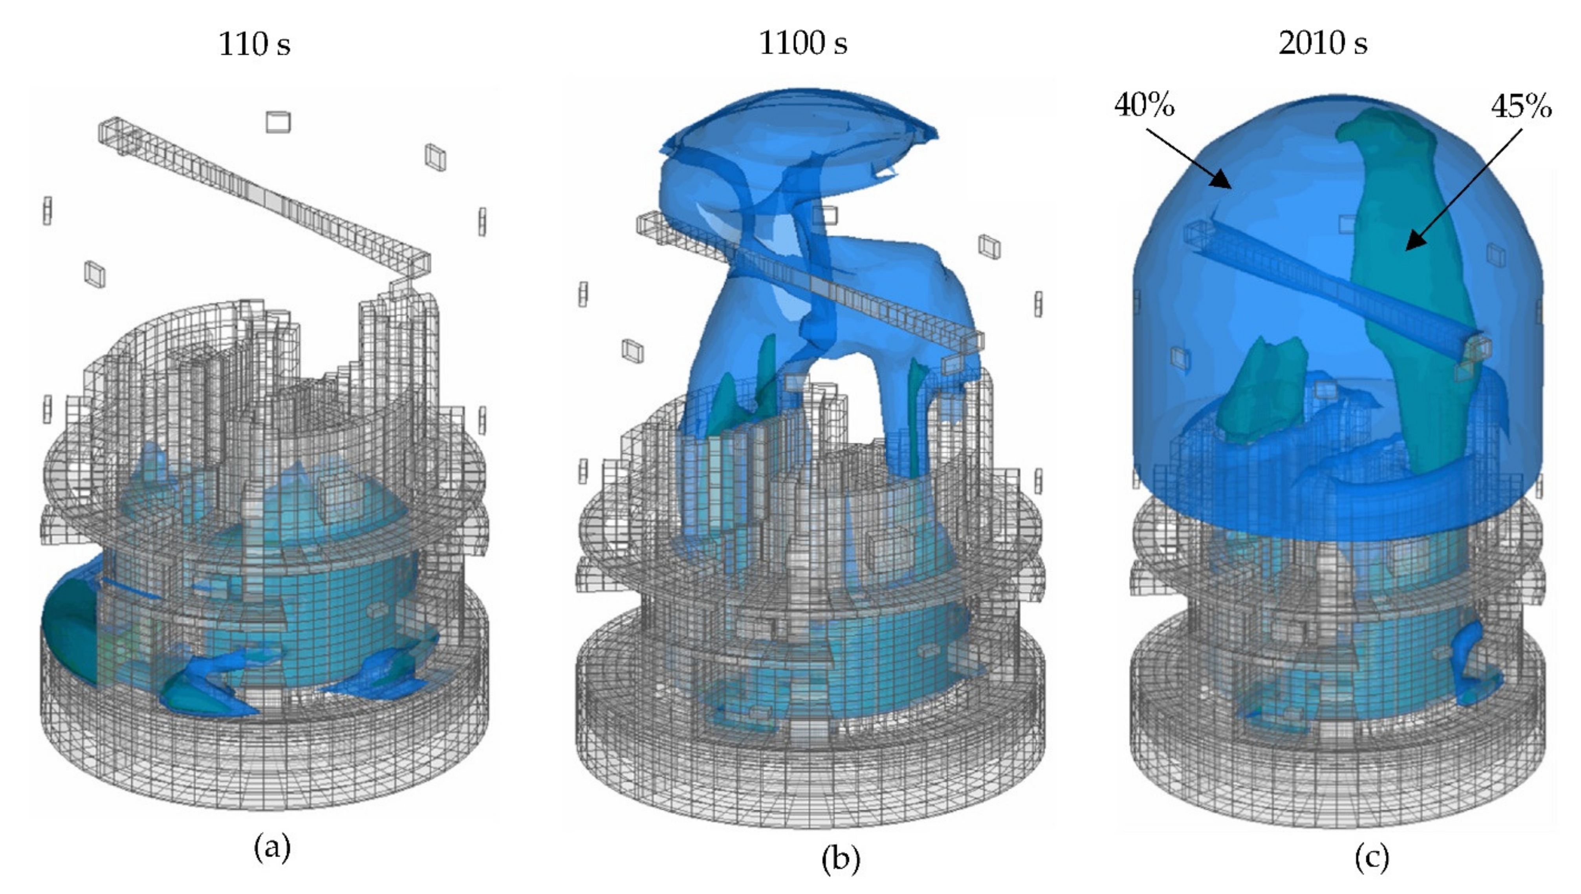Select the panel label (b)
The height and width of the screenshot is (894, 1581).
(841, 858)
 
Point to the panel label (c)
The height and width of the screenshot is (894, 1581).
(1372, 857)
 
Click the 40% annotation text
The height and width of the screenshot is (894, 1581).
(1145, 105)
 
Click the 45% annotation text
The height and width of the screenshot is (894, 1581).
(1521, 107)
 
